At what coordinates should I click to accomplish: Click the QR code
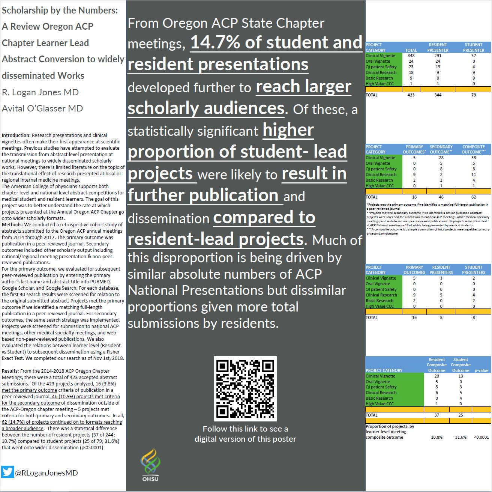point(245,388)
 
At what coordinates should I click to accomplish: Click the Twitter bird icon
point(7,472)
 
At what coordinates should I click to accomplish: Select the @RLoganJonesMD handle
point(46,473)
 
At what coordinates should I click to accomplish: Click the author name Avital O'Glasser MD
point(42,108)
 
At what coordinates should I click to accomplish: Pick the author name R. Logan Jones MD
point(40,92)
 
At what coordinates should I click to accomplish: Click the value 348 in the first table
point(411,56)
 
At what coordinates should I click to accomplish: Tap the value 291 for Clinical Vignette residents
point(438,56)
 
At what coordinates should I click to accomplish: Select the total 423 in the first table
point(411,95)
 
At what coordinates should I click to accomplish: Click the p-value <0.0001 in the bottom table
point(481,437)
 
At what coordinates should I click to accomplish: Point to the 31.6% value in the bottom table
point(460,437)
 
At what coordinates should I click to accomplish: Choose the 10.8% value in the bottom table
point(436,437)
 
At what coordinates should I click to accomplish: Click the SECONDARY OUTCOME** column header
point(441,149)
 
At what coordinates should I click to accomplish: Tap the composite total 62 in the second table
point(474,197)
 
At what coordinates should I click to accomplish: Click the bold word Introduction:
point(16,135)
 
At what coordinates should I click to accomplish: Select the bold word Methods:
point(12,225)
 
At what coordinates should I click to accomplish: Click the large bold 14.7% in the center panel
point(215,42)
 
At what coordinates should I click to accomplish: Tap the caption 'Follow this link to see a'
point(245,429)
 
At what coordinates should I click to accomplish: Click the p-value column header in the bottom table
point(481,370)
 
